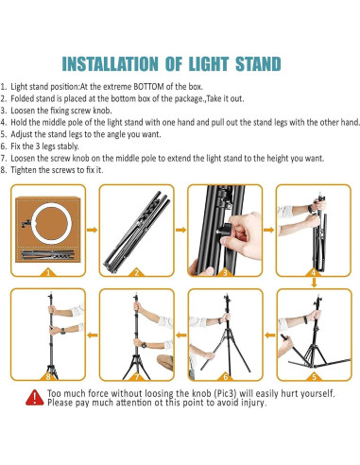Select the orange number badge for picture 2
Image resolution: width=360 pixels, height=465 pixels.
[134, 272]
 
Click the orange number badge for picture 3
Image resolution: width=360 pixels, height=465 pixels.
[223, 272]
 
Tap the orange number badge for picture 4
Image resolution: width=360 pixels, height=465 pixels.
[314, 272]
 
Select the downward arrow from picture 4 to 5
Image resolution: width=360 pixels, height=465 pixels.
[314, 283]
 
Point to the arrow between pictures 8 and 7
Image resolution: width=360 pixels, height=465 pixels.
[89, 331]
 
